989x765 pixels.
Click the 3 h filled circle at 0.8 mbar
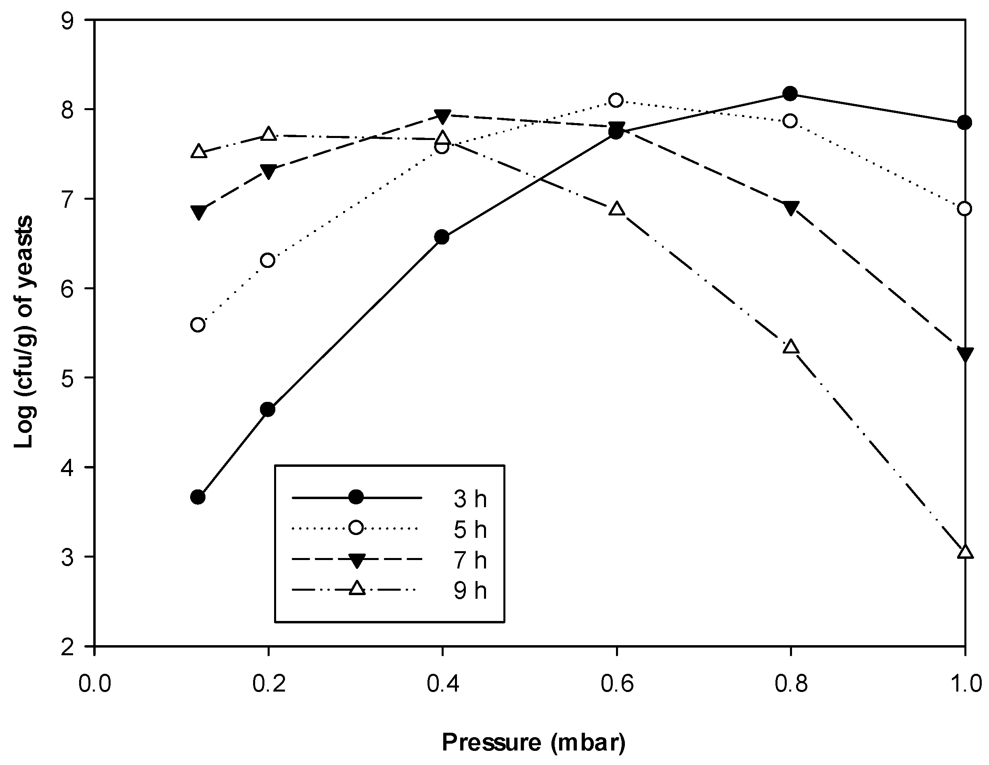790,94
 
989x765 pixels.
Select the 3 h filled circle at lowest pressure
198,497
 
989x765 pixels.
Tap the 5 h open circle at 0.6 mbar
616,100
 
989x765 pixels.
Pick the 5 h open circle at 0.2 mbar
268,260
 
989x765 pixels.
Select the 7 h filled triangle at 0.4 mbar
442,116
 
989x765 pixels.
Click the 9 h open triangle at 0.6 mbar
616,209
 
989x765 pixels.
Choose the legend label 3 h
469,499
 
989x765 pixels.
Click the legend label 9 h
469,591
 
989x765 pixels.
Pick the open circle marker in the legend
356,528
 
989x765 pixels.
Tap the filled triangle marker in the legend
356,561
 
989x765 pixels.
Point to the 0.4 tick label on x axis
442,683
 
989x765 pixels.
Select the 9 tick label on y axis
67,21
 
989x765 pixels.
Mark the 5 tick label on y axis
67,378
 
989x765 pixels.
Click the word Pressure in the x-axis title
491,742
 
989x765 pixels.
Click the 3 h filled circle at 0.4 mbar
442,237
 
